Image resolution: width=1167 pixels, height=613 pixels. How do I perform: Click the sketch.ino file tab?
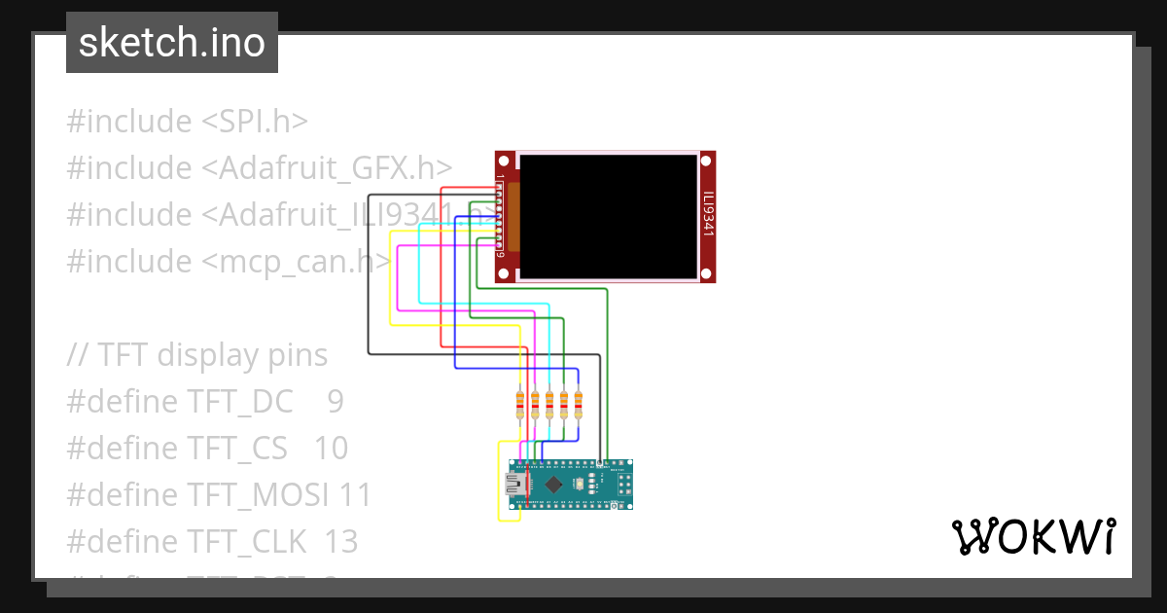(172, 43)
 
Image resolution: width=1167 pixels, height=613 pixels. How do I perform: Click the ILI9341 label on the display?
(708, 215)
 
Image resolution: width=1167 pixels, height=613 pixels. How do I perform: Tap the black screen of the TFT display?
(608, 216)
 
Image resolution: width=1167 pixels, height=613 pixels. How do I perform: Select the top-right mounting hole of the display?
(707, 161)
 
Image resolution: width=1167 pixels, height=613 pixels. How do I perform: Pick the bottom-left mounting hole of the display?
(504, 274)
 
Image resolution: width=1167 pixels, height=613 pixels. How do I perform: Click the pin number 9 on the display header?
(500, 255)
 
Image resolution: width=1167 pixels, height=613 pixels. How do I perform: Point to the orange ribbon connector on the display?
(513, 215)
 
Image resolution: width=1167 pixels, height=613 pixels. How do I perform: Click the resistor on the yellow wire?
(520, 403)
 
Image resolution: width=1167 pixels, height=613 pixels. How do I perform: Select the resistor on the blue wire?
(579, 403)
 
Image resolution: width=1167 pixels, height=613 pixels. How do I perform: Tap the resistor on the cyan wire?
(549, 403)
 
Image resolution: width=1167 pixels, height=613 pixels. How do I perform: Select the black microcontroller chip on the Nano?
(553, 484)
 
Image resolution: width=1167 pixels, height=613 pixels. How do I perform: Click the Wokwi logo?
(1032, 536)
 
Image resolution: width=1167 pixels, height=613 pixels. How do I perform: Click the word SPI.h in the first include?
(265, 122)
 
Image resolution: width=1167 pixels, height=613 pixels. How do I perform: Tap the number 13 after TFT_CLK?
(341, 542)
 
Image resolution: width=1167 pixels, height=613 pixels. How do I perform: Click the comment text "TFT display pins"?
(212, 355)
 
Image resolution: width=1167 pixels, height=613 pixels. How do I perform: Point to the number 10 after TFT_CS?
(331, 449)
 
